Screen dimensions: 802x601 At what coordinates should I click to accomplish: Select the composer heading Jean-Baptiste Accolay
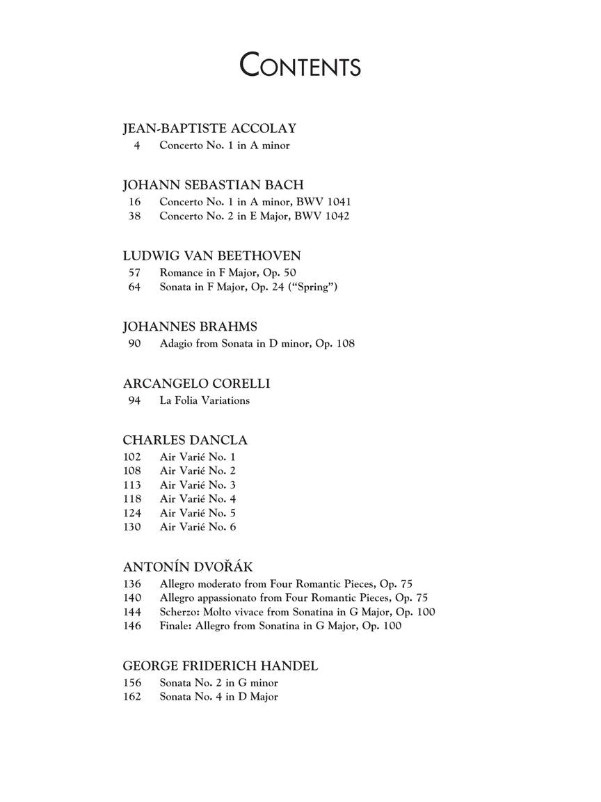point(209,128)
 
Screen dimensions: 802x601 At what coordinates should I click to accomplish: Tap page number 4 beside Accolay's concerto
point(137,146)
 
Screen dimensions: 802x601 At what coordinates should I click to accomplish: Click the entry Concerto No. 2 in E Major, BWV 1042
point(254,216)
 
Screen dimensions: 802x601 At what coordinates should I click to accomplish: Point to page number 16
point(134,202)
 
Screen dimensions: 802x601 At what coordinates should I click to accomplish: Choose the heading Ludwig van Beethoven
point(211,255)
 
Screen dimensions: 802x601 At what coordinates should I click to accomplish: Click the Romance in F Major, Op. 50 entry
point(227,273)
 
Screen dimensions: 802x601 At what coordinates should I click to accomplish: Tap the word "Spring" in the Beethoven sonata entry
point(313,287)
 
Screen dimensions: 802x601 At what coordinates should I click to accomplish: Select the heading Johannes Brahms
point(190,327)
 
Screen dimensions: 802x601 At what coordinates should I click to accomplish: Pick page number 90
point(134,343)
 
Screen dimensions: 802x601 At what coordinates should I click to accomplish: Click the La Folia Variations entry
point(205,400)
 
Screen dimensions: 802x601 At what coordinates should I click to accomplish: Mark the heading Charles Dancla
point(185,440)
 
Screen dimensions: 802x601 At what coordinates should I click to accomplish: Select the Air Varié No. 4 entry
point(198,498)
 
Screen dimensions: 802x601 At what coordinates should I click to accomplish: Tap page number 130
point(132,527)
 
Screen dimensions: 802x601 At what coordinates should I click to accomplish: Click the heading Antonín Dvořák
point(187,567)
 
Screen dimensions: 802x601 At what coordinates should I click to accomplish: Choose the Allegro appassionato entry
point(294,597)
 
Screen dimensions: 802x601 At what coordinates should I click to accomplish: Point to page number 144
point(132,612)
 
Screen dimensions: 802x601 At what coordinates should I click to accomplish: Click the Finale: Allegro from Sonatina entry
point(280,626)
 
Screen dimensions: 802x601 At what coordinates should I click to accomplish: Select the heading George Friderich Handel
point(221,666)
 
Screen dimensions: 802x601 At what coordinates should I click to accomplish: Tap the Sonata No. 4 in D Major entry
point(218,697)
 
